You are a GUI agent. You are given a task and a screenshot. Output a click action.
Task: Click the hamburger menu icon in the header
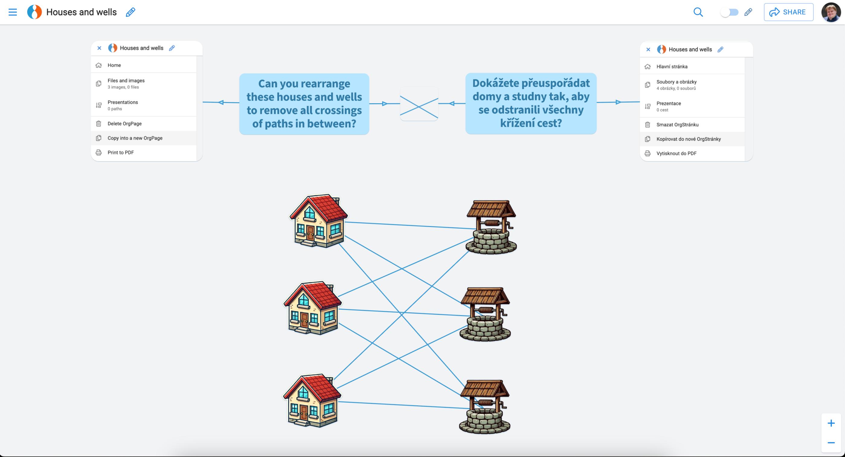click(x=12, y=12)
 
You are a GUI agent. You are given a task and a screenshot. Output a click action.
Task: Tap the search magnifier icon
click(x=698, y=12)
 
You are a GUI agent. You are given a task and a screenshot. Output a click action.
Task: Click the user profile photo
click(x=831, y=12)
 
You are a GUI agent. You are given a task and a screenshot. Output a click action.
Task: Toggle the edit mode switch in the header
click(x=729, y=12)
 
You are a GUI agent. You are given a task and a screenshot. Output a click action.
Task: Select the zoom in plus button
click(x=831, y=423)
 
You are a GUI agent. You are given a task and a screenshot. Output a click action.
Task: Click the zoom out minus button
click(x=831, y=443)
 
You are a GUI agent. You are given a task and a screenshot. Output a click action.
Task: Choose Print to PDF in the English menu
click(x=121, y=152)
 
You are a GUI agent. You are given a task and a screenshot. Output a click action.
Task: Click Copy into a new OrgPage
click(x=135, y=138)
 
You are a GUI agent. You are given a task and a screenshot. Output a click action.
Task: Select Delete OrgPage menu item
click(x=124, y=123)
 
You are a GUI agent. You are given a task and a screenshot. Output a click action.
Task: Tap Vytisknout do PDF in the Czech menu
click(x=676, y=153)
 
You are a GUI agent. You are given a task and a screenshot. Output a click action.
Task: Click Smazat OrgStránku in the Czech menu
click(x=677, y=125)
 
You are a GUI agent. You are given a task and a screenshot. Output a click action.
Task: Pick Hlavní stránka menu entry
click(x=672, y=66)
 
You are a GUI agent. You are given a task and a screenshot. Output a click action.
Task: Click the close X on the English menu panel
click(x=99, y=48)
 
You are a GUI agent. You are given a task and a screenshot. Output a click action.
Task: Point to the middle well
click(x=485, y=315)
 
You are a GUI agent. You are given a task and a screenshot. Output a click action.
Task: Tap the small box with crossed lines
click(x=419, y=104)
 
